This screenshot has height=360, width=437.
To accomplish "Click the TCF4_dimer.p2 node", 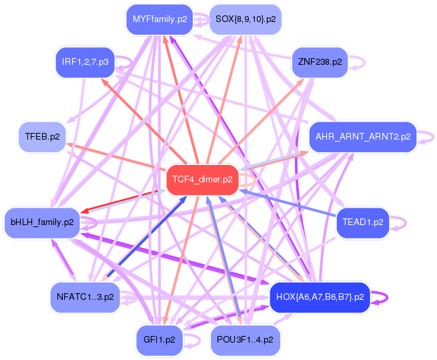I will coord(202,180).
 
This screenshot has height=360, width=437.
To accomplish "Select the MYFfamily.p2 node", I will coord(159,19).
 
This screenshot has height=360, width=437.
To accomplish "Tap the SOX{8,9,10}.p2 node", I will coord(245,19).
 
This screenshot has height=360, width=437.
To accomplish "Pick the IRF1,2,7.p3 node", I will coord(85,62).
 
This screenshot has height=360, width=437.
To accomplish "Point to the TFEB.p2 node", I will coord(42,136).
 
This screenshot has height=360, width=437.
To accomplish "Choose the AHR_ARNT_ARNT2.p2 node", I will coord(363,136).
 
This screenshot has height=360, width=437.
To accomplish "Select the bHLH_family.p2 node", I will coord(42,222).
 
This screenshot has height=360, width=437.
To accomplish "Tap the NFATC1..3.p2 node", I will coord(85,297).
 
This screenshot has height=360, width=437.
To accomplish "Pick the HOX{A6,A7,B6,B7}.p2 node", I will coord(320,297).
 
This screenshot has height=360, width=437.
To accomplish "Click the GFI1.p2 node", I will coord(159,339).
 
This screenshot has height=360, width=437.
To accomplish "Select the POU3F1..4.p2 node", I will coord(245,339).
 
